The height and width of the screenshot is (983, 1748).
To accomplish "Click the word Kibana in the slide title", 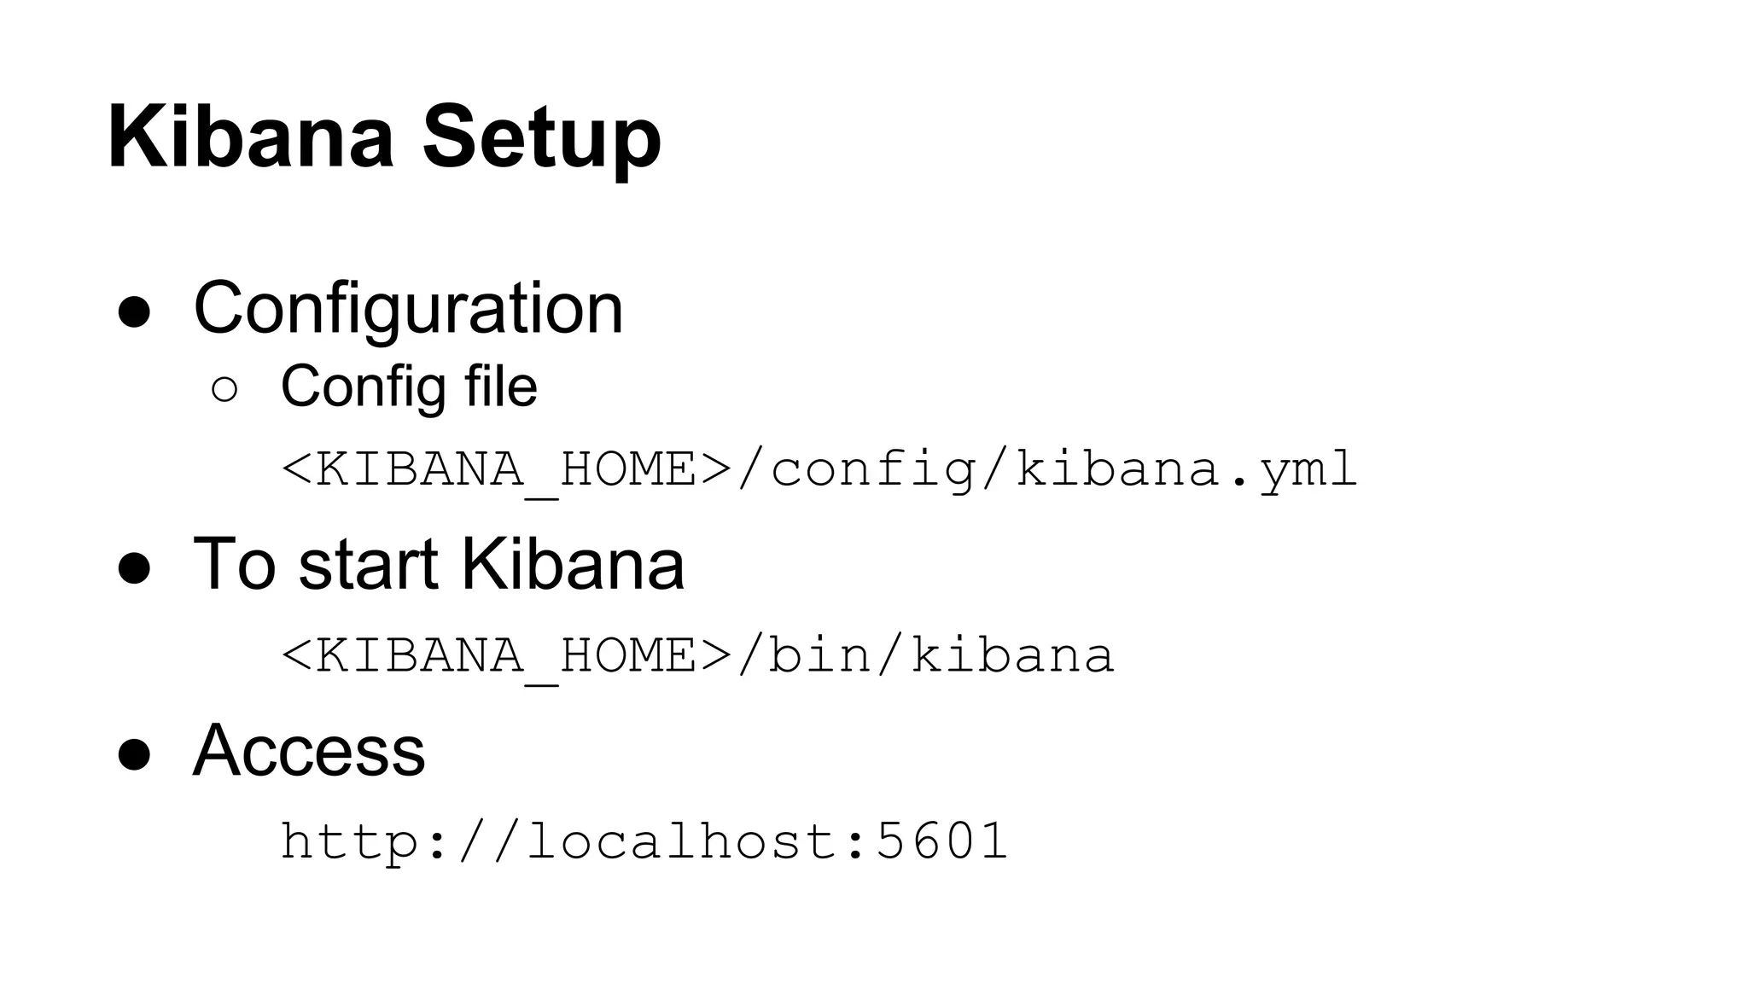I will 251,137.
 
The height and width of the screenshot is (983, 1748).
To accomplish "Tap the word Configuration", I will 408,309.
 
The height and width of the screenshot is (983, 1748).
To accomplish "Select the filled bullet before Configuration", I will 134,312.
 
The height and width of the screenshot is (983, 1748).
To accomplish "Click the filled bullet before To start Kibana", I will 134,567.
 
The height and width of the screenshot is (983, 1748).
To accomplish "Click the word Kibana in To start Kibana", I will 573,564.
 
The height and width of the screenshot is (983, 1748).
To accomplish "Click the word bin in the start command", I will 819,655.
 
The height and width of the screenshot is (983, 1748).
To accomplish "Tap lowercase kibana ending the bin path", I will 1012,655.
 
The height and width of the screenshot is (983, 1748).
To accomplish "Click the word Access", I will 309,750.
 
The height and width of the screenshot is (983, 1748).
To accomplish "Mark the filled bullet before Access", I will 134,754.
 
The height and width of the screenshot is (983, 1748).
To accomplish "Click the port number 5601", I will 942,840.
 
